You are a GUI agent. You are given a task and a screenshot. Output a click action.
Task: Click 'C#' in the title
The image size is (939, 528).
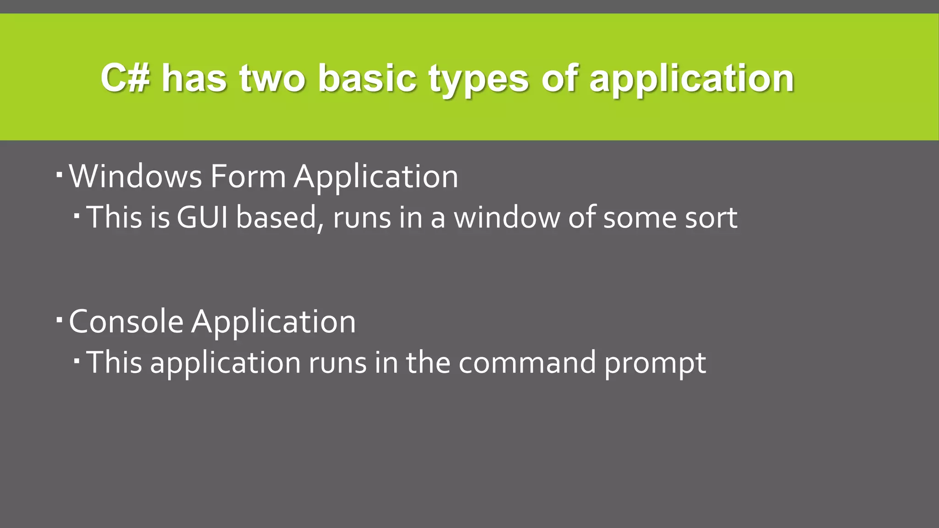point(125,78)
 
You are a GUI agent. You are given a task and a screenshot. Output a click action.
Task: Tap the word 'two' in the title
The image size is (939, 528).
point(272,78)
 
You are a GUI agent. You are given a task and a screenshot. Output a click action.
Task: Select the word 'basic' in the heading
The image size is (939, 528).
point(367,78)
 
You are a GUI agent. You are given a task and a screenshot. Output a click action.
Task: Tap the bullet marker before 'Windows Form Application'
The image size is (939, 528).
point(60,175)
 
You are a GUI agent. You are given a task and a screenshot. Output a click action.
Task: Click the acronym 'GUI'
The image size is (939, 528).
point(202,217)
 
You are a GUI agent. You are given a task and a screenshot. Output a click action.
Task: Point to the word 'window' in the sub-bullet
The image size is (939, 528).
point(507,217)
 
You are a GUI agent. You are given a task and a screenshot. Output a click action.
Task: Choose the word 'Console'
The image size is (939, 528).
point(126,321)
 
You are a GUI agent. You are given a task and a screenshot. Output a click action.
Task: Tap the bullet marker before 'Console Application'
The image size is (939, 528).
point(60,319)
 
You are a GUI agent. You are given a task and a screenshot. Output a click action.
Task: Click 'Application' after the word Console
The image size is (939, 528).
point(273,322)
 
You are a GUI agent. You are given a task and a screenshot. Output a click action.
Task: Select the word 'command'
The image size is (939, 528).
point(527,363)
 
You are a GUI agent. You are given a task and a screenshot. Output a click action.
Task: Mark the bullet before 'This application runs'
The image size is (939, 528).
point(77,360)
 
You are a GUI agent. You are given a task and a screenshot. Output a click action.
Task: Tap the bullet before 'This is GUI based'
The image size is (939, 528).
point(77,214)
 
